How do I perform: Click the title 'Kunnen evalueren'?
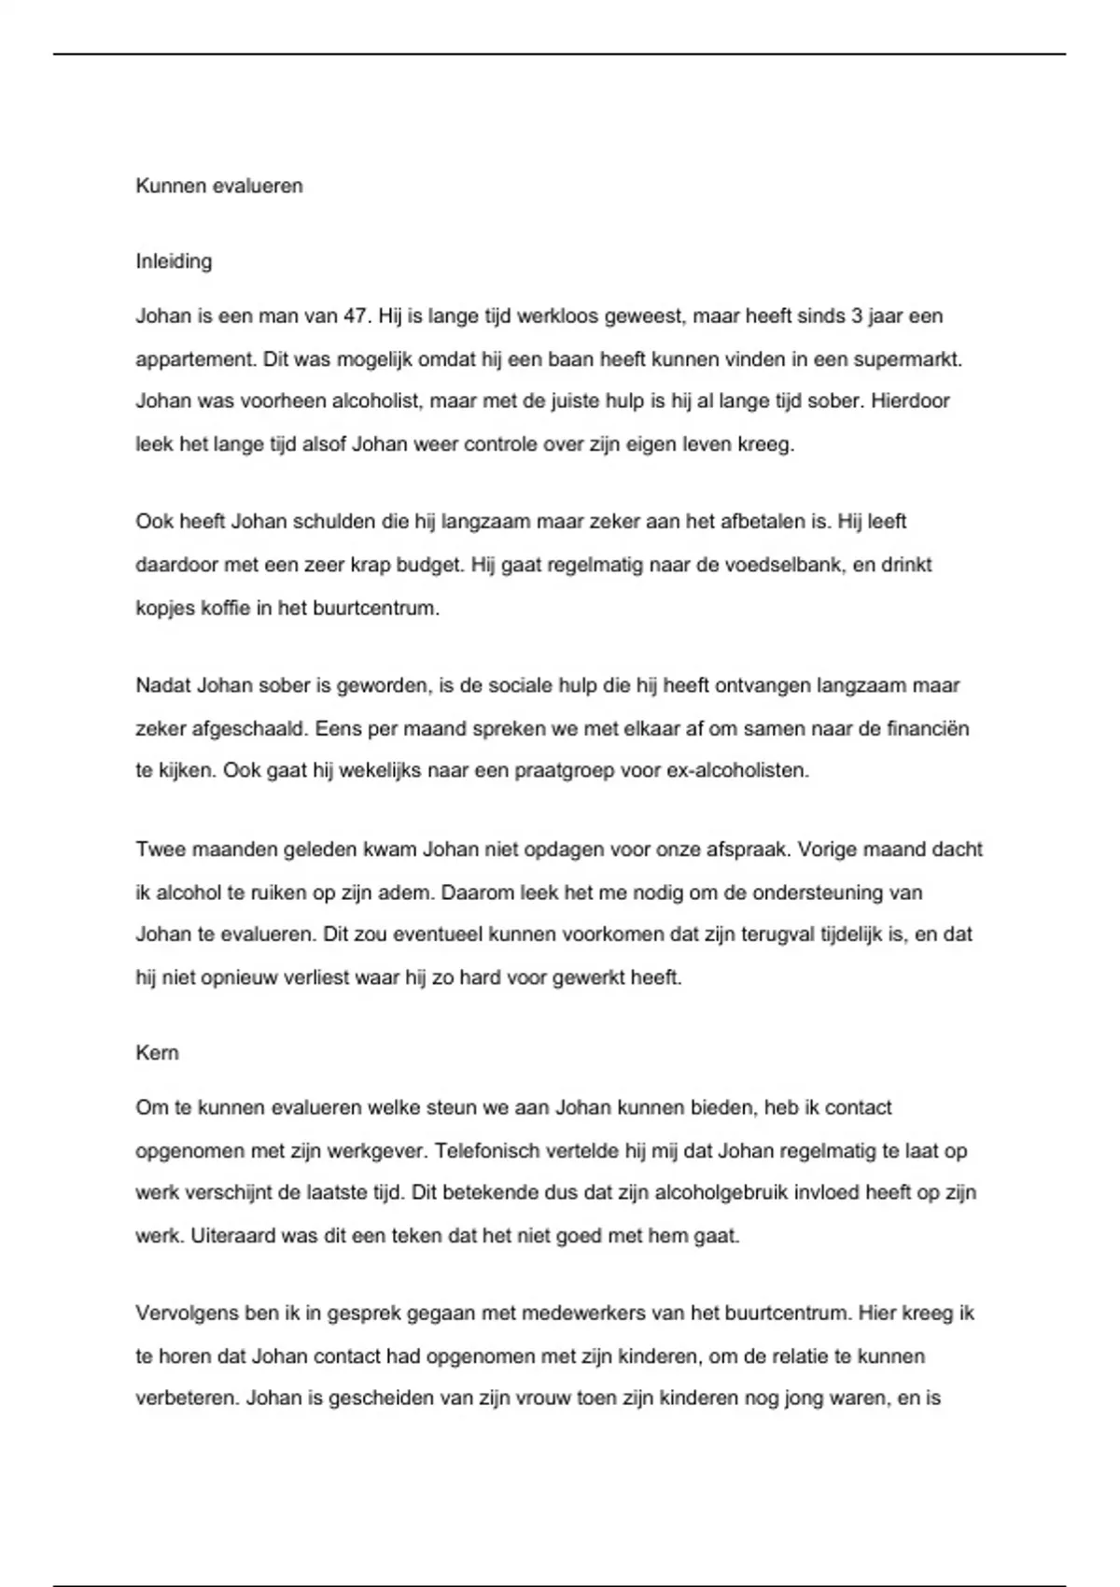coord(219,186)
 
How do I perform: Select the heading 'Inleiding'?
coord(174,261)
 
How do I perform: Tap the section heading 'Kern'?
coord(157,1053)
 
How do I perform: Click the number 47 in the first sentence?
coord(356,316)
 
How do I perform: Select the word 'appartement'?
coord(193,358)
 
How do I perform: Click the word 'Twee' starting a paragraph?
coord(161,850)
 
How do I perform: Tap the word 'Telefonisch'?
coord(488,1150)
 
